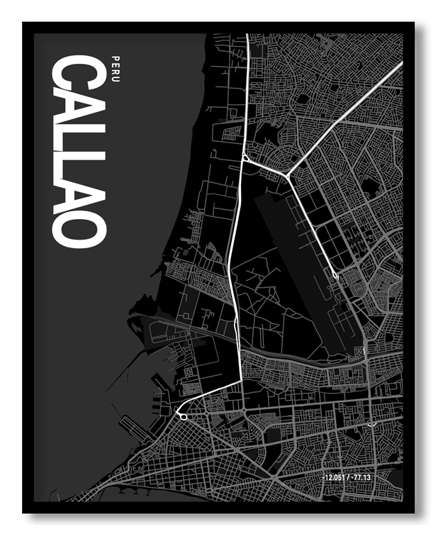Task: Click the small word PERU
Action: [116, 67]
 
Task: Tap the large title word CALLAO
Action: [79, 152]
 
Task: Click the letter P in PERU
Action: [116, 57]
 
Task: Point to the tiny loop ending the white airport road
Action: [335, 274]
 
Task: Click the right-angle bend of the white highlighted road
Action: [242, 381]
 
